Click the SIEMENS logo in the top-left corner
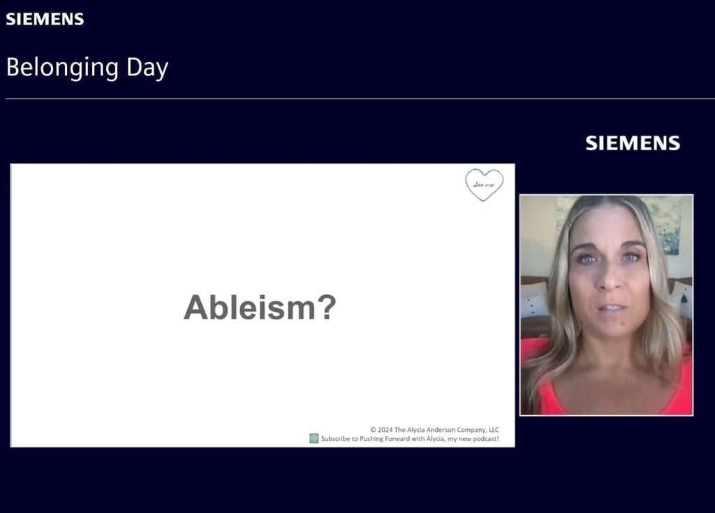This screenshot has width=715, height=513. (45, 19)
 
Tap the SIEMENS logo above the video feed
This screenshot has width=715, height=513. (633, 143)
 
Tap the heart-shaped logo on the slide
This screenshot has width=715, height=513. (485, 185)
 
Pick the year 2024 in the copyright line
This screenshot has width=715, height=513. (386, 430)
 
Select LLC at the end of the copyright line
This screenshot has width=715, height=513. (492, 430)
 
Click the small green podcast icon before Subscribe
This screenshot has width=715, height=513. (314, 439)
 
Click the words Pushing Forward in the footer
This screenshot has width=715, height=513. (381, 439)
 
